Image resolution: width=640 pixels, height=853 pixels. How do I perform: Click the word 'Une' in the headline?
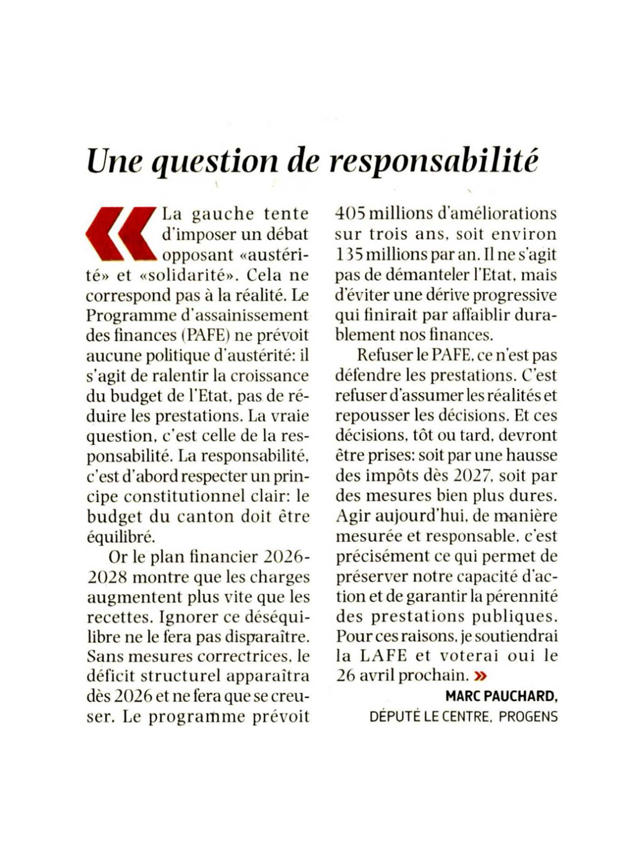tap(113, 161)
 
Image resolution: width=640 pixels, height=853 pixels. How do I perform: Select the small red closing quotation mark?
tap(481, 675)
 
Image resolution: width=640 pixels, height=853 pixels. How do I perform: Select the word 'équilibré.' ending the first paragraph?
tap(121, 537)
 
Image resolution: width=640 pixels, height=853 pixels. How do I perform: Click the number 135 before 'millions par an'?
tap(349, 254)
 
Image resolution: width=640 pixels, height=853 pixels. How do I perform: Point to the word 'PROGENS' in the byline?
tap(528, 717)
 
